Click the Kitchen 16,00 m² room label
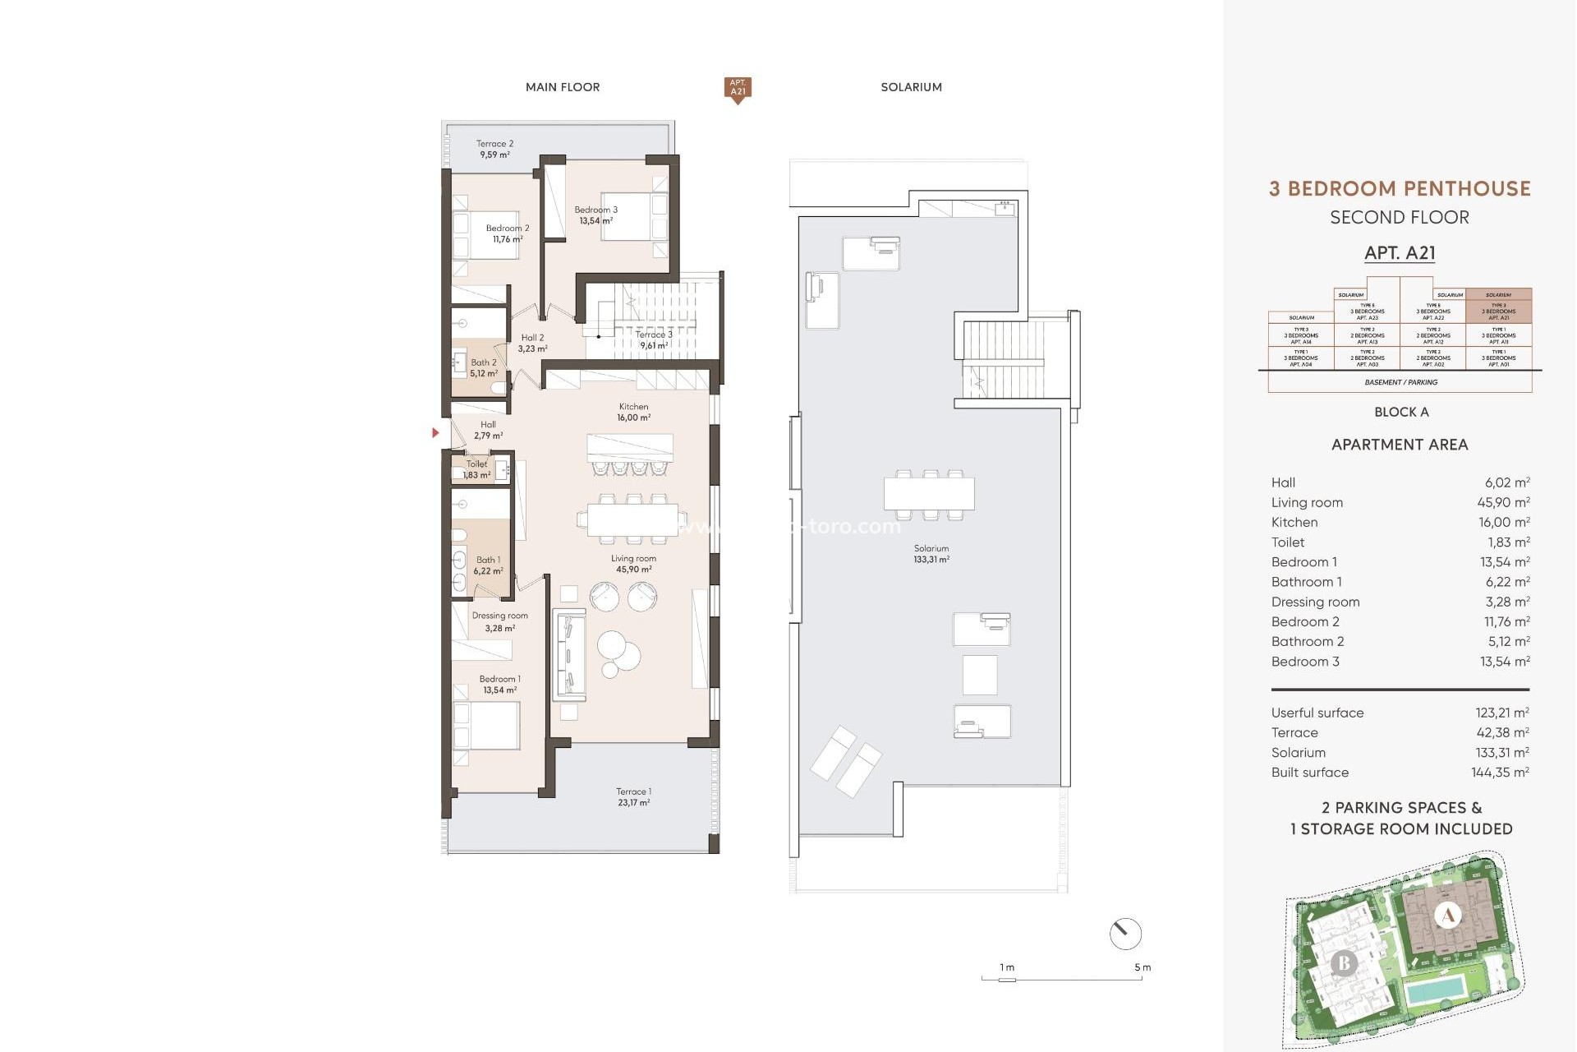point(633,412)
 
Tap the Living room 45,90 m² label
point(633,564)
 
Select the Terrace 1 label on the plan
point(633,796)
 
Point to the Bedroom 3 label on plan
point(595,215)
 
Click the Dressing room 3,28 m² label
point(499,621)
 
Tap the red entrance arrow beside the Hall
point(435,432)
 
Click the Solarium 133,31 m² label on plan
point(931,553)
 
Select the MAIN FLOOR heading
point(563,87)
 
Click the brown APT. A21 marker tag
point(738,88)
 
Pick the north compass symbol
point(1124,934)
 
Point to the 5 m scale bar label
point(1142,967)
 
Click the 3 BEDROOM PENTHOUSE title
point(1400,189)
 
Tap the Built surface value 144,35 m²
point(1499,773)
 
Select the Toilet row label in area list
point(1287,542)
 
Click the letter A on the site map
point(1448,915)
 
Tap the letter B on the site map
point(1344,962)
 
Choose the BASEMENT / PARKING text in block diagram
point(1400,382)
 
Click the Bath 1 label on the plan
point(487,565)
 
